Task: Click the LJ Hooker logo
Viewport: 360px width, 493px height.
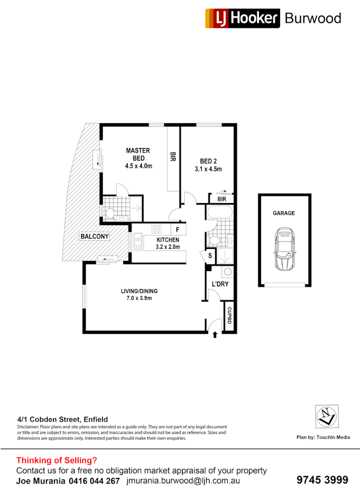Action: pyautogui.click(x=242, y=18)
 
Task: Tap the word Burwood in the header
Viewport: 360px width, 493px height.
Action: pyautogui.click(x=313, y=18)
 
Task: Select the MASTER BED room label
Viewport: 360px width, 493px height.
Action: pyautogui.click(x=138, y=154)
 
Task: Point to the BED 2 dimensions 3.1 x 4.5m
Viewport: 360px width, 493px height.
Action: pyautogui.click(x=211, y=169)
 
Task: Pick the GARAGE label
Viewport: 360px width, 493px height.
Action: pyautogui.click(x=284, y=213)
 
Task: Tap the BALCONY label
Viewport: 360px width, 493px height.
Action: pyautogui.click(x=94, y=236)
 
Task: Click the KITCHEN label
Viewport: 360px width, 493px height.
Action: pyautogui.click(x=168, y=240)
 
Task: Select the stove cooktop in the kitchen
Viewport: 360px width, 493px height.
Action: pyautogui.click(x=157, y=230)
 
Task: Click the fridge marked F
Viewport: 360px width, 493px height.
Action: pyautogui.click(x=177, y=230)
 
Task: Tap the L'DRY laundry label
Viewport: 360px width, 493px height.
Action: pyautogui.click(x=220, y=284)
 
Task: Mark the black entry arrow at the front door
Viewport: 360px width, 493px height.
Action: pyautogui.click(x=215, y=336)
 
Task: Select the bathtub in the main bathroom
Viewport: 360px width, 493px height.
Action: pyautogui.click(x=219, y=213)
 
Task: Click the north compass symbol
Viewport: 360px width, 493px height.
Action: pyautogui.click(x=327, y=416)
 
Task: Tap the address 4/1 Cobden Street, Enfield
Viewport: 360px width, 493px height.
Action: pyautogui.click(x=63, y=419)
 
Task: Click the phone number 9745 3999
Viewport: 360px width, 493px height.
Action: pyautogui.click(x=322, y=480)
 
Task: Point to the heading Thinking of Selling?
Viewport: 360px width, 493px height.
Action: pyautogui.click(x=57, y=460)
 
